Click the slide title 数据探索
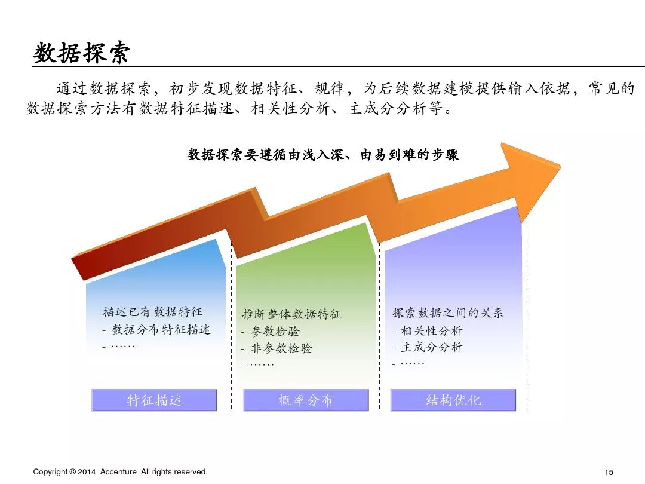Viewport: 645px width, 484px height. [x=81, y=53]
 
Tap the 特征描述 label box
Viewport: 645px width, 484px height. [x=154, y=400]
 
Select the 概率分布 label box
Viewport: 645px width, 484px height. [x=306, y=400]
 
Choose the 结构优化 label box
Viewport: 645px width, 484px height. [x=453, y=400]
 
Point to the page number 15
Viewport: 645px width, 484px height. [x=609, y=473]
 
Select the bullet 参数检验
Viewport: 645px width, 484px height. [x=275, y=331]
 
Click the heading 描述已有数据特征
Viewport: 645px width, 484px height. [x=152, y=312]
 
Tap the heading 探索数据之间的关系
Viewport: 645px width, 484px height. [x=447, y=313]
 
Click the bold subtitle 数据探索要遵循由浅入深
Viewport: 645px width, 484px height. [x=323, y=155]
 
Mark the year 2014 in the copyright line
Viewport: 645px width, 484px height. [x=87, y=472]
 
